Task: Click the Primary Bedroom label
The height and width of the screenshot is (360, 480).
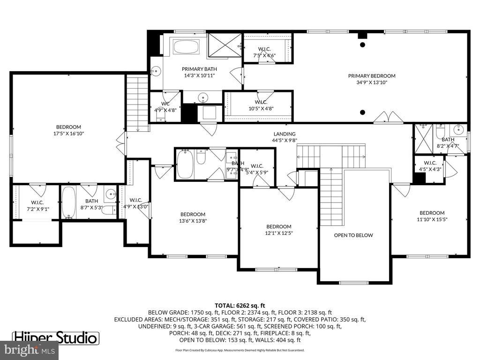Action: (371, 79)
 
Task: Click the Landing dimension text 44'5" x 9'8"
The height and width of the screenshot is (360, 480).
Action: (284, 140)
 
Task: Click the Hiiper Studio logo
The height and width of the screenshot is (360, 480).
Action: (55, 337)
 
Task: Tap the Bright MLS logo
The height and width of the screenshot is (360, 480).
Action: (29, 350)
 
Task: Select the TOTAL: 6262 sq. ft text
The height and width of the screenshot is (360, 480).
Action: (240, 304)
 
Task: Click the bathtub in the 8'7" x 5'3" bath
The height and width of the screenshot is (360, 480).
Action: (69, 202)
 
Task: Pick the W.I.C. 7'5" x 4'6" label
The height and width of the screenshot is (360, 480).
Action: (264, 52)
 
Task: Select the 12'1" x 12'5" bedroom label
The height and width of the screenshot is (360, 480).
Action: (278, 229)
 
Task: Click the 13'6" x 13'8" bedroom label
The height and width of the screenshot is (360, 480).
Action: (193, 217)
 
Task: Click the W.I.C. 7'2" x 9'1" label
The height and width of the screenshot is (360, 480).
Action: (37, 206)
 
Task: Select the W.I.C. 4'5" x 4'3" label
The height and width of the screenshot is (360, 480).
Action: (430, 166)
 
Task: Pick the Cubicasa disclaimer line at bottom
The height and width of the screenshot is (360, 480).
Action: (240, 350)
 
